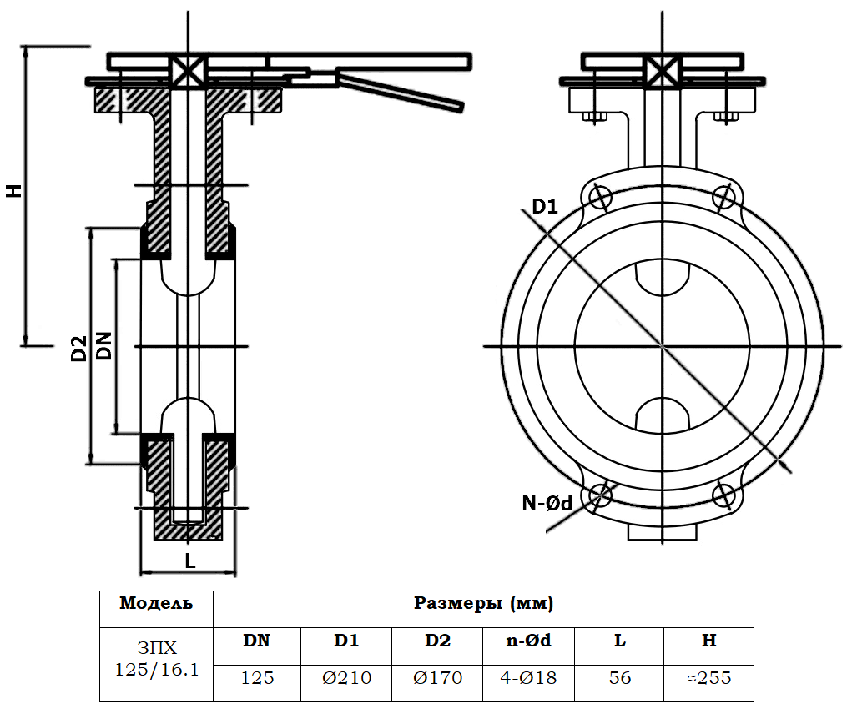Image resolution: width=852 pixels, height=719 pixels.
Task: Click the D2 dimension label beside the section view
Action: pos(79,349)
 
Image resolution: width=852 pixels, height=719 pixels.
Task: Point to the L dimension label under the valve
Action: pos(190,561)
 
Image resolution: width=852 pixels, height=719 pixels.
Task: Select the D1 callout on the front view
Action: pos(544,206)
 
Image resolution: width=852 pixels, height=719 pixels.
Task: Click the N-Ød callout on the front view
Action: pos(547,503)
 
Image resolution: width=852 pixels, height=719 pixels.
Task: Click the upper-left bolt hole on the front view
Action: pos(600,198)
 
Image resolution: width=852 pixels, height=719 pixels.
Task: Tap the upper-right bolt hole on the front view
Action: pos(724,198)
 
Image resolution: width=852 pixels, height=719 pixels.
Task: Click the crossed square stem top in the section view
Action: pos(188,71)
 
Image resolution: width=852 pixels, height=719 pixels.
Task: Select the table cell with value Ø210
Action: pos(346,678)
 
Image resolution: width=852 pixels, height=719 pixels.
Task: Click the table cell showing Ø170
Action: pos(437,678)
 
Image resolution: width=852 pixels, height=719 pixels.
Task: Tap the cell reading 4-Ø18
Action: pos(528,678)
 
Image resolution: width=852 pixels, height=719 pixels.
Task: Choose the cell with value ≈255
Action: pos(708,678)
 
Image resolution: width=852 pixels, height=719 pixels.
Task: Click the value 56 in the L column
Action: pos(620,678)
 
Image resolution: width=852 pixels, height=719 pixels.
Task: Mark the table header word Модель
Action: pos(156,603)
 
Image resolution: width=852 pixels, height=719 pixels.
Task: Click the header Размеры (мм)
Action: pos(484,603)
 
